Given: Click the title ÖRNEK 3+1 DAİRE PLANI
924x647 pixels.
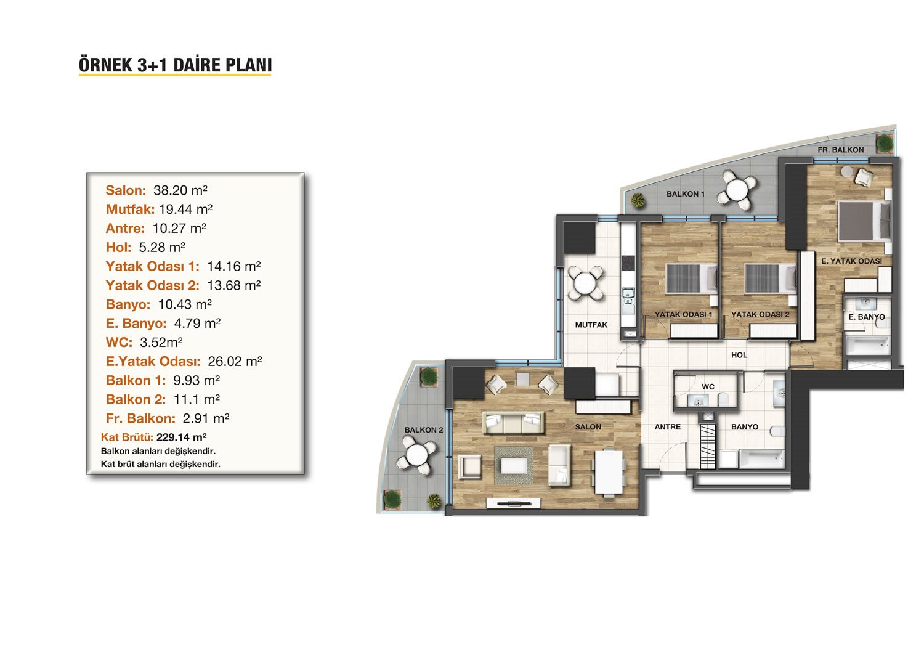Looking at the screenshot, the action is (x=175, y=65).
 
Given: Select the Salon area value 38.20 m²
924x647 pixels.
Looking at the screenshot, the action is (x=180, y=190).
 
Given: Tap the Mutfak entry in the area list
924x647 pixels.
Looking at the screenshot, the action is (x=159, y=210).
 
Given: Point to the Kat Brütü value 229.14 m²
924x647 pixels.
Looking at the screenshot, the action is (x=182, y=437).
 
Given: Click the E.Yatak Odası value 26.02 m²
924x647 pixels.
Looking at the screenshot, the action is (x=235, y=362).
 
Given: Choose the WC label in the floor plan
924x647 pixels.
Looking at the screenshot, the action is (x=708, y=386).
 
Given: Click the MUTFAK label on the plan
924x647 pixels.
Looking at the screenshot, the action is (x=591, y=325).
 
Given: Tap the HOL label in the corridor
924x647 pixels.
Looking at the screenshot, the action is (x=739, y=355).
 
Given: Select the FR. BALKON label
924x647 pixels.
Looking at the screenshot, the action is (x=841, y=150).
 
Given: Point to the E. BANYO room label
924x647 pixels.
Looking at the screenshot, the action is (x=867, y=317).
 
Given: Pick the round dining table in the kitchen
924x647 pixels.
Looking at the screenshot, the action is (x=585, y=283).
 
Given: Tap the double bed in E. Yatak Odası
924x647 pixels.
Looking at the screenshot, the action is (x=864, y=221).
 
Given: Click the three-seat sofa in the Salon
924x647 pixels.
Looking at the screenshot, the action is (x=513, y=423).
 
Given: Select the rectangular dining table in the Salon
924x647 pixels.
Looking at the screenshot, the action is (x=609, y=471).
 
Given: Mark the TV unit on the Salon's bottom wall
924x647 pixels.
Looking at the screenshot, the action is (x=514, y=503).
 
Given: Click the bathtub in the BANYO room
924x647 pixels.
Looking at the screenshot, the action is (x=761, y=458).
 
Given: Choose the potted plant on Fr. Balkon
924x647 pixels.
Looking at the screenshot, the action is (x=885, y=143).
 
